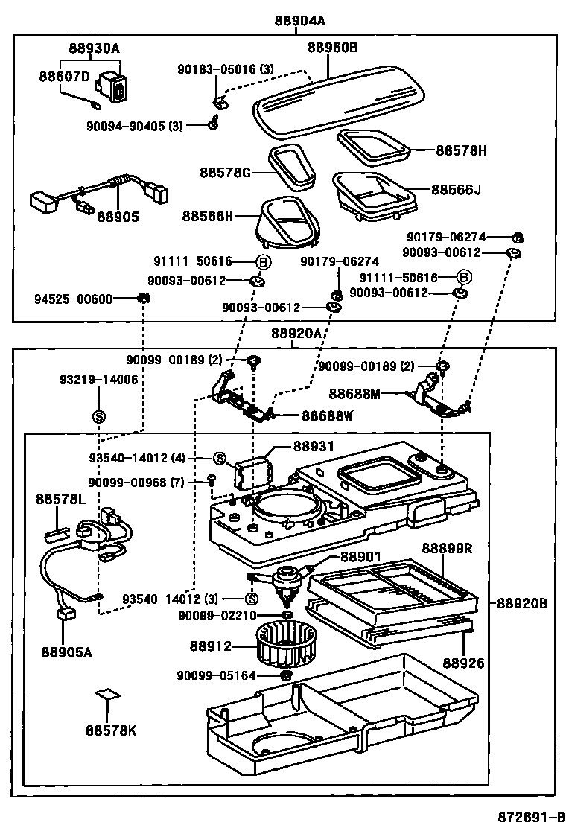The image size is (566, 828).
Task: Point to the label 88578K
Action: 110,730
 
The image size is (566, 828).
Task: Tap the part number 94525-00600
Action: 73,299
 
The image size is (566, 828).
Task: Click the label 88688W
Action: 327,415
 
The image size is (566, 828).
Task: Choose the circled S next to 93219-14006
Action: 98,415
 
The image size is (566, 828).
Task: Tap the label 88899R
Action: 447,548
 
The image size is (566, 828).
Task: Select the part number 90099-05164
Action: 217,675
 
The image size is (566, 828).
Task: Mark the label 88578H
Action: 462,150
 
